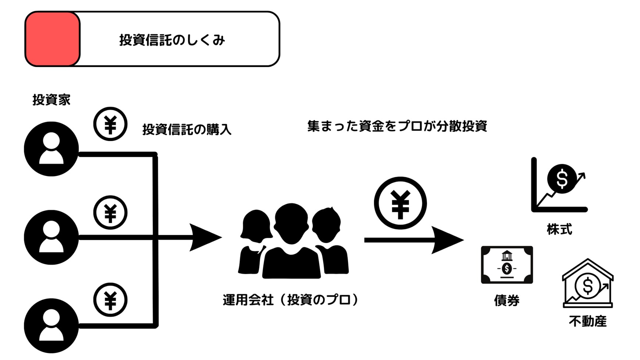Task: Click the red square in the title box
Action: coord(52,39)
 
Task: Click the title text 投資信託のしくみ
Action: coord(172,40)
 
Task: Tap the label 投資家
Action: coord(51,100)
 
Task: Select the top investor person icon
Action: coord(51,149)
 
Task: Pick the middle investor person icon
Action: coord(51,237)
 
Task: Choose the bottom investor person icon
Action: coord(51,326)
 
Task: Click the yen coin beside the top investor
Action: coord(110,124)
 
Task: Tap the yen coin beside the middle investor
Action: coord(110,212)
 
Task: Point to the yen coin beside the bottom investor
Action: coord(110,300)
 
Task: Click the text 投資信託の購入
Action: coord(187,130)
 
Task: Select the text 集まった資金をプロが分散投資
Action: coord(397,126)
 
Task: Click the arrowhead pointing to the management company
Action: coord(204,237)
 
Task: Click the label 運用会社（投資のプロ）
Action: coord(291,300)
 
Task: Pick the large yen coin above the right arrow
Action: coord(400,203)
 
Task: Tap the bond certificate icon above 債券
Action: coord(507,265)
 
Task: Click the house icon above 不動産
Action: coord(588,283)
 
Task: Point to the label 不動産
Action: coord(587,321)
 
